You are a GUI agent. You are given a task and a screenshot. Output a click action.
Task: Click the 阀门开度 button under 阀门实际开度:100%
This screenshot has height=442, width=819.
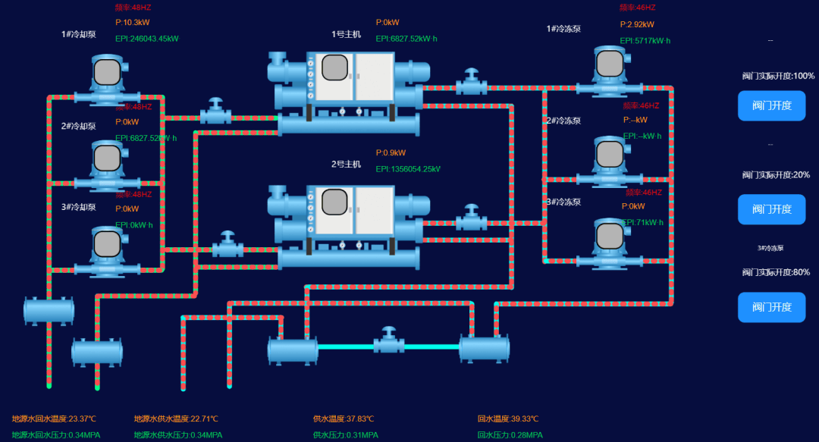(x=771, y=105)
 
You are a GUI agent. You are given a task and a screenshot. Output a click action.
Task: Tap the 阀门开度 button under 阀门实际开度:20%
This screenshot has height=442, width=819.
(x=771, y=209)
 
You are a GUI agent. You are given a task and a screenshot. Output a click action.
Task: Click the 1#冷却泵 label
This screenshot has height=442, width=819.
(x=79, y=34)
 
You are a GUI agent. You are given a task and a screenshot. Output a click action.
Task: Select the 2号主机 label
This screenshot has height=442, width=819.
(x=346, y=164)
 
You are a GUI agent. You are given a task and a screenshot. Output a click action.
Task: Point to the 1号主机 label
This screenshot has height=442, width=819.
(x=346, y=34)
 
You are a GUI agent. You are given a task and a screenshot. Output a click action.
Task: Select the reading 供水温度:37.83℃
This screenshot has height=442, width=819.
(x=344, y=418)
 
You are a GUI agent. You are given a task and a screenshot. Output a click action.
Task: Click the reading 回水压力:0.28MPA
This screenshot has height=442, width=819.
(x=510, y=435)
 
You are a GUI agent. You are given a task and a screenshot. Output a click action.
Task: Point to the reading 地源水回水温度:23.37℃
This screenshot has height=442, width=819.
(x=54, y=418)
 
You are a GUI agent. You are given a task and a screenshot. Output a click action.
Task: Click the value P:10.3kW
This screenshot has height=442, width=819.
(x=133, y=23)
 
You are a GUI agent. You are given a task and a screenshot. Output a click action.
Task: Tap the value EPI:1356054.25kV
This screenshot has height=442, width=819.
(x=408, y=169)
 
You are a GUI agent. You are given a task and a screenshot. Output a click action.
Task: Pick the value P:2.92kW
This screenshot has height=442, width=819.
(x=637, y=24)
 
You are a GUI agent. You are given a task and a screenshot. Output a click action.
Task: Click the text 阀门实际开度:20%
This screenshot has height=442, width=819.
(x=776, y=175)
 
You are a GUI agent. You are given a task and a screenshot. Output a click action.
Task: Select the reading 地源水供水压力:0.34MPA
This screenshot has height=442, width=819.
(x=178, y=435)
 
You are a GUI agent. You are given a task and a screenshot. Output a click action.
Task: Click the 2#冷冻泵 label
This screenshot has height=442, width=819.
(x=563, y=121)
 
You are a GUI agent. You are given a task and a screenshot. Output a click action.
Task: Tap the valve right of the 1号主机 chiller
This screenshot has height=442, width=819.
(x=472, y=82)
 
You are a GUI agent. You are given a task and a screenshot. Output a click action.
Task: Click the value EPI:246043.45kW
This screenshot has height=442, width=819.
(x=147, y=39)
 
